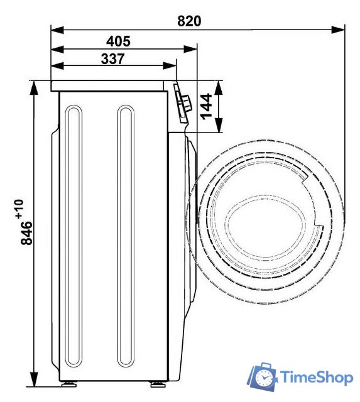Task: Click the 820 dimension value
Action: tap(189, 21)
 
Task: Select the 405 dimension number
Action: tap(118, 41)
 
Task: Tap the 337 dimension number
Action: tap(113, 58)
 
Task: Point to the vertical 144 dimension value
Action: tap(207, 106)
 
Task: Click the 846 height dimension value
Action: tap(26, 233)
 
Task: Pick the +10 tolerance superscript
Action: tap(19, 209)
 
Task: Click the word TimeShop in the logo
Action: tap(317, 378)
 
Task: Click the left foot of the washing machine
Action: tap(69, 384)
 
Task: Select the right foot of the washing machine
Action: tap(158, 384)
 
